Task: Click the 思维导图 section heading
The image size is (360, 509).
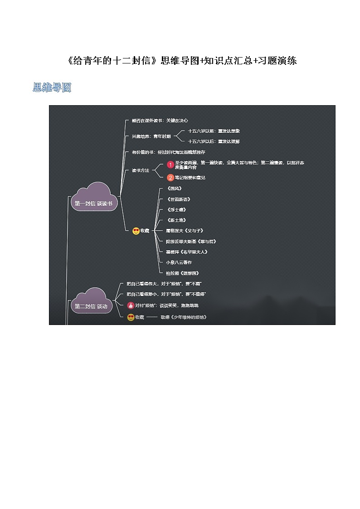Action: pyautogui.click(x=52, y=87)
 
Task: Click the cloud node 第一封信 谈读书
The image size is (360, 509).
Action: pyautogui.click(x=94, y=203)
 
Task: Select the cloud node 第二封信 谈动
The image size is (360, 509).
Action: pyautogui.click(x=91, y=306)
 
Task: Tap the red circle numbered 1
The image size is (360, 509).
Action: pyautogui.click(x=170, y=165)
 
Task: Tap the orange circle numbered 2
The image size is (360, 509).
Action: pyautogui.click(x=170, y=177)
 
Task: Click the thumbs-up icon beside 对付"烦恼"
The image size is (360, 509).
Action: pyautogui.click(x=131, y=305)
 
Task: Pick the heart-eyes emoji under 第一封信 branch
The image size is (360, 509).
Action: pyautogui.click(x=136, y=231)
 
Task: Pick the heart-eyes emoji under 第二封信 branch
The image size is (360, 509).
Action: pyautogui.click(x=131, y=317)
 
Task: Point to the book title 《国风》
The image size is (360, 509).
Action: pyautogui.click(x=174, y=188)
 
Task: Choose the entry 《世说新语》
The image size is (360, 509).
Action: pyautogui.click(x=178, y=199)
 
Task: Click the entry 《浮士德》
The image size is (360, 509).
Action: pyautogui.click(x=176, y=209)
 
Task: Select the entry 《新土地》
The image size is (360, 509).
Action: pyautogui.click(x=176, y=220)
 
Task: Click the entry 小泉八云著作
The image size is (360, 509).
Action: pyautogui.click(x=179, y=262)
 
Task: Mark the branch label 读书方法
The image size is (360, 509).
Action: pyautogui.click(x=140, y=170)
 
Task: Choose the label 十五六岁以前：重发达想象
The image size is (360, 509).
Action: pyautogui.click(x=214, y=131)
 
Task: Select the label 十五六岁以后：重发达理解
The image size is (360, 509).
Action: pyautogui.click(x=214, y=141)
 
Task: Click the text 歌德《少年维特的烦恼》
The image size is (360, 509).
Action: pyautogui.click(x=183, y=317)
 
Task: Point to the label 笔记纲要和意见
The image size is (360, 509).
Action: pyautogui.click(x=190, y=178)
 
